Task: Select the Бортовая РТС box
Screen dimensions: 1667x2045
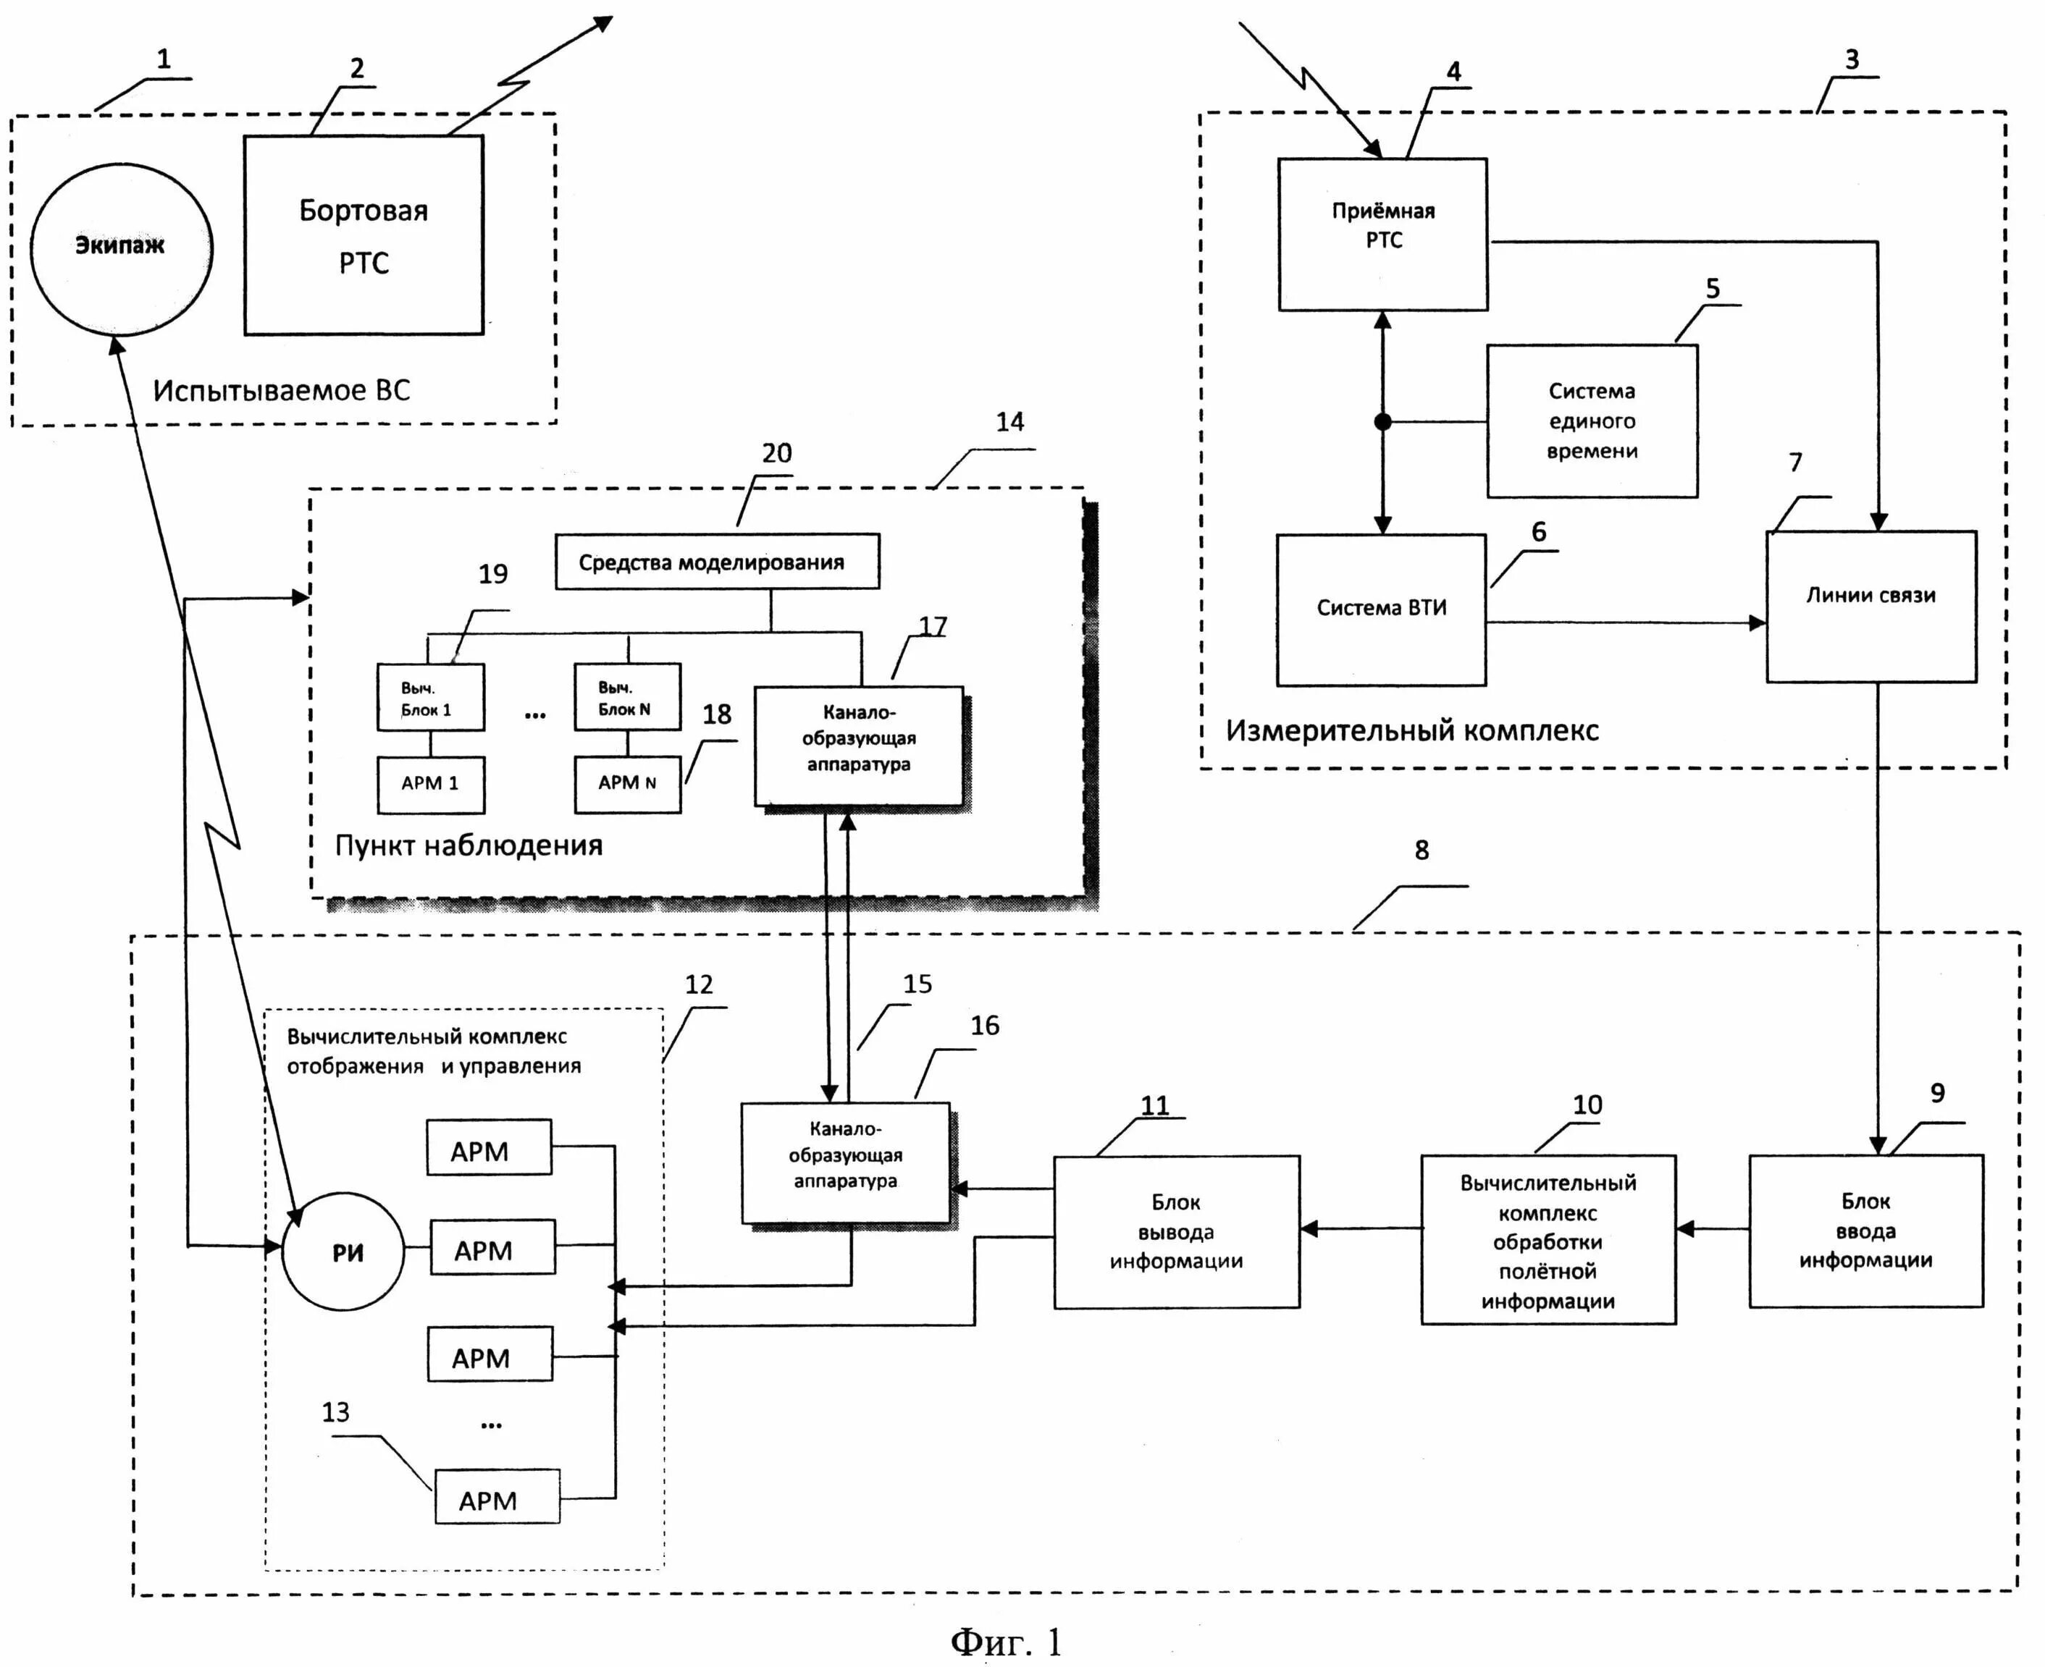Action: click(x=363, y=235)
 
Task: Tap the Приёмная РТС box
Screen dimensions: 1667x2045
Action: click(x=1382, y=235)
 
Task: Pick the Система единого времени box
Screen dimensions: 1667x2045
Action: click(x=1592, y=421)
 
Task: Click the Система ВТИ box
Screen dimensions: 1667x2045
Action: click(x=1380, y=609)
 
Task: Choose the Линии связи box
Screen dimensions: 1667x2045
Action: click(x=1870, y=606)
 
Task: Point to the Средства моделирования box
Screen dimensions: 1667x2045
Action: click(x=717, y=562)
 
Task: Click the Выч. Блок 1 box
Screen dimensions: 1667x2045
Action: click(x=429, y=697)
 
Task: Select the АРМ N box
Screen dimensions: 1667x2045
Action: click(x=626, y=784)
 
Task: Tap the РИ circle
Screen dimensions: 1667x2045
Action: click(x=344, y=1252)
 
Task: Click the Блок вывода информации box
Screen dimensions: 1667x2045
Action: click(x=1176, y=1231)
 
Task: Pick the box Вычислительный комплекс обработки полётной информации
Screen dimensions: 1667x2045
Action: click(x=1548, y=1240)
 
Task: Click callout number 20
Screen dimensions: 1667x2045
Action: click(x=776, y=453)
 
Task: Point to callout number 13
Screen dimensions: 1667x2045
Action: click(x=335, y=1411)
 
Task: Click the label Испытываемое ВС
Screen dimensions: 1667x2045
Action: click(x=282, y=390)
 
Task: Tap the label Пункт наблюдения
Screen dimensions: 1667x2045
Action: click(x=469, y=845)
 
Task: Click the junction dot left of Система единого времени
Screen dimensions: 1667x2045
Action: click(x=1382, y=421)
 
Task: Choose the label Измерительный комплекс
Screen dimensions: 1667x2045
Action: click(x=1412, y=731)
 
